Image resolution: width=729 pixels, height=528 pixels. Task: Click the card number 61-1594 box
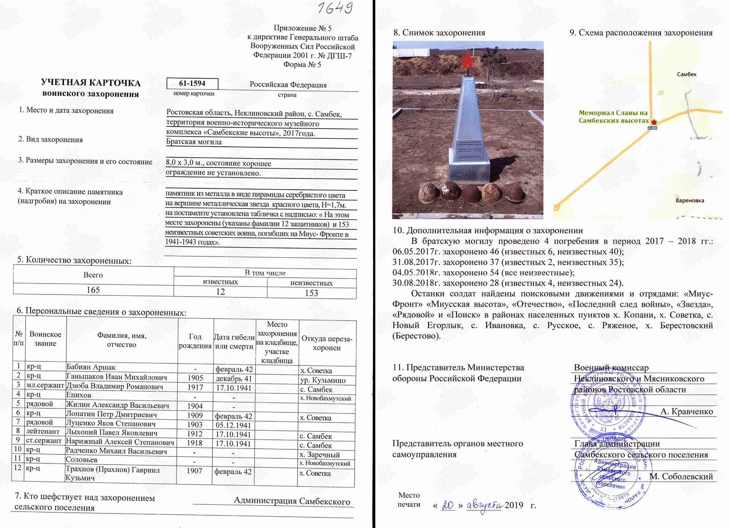192,83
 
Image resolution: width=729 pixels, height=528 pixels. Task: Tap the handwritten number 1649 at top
334,8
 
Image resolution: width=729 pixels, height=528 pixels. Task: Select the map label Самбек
686,74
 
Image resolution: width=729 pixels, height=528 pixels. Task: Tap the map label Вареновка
690,200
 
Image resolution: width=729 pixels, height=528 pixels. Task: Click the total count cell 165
93,290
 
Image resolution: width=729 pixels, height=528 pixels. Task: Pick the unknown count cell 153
311,293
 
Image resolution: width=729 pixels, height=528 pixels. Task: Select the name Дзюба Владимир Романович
114,386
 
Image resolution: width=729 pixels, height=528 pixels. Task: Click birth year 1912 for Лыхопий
195,434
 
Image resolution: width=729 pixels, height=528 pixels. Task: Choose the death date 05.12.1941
233,425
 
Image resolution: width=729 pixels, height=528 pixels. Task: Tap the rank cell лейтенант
43,431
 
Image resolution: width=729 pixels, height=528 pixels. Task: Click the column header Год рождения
195,341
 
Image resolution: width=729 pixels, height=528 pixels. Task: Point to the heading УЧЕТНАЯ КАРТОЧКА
91,83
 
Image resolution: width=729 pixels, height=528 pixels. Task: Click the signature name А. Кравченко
686,412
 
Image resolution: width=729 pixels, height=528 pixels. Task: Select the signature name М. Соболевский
681,477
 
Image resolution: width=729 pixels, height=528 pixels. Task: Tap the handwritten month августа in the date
485,505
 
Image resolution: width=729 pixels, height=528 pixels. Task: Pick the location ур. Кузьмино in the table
323,380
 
